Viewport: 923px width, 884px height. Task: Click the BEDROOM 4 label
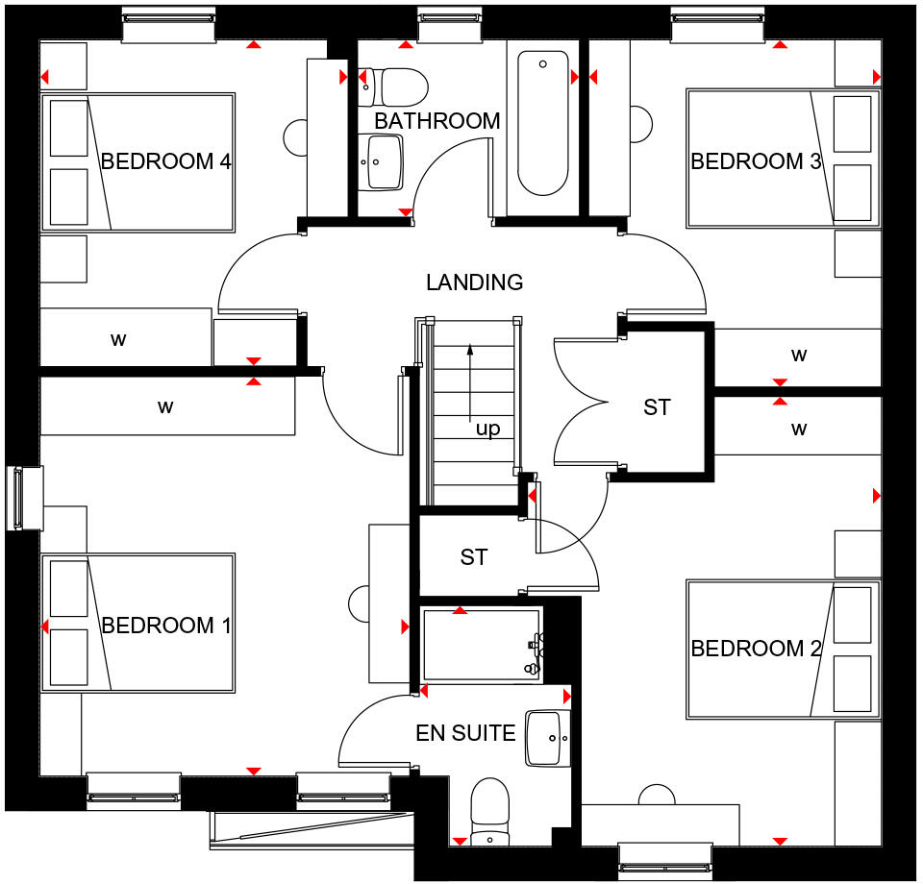165,161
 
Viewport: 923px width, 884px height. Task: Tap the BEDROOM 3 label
756,161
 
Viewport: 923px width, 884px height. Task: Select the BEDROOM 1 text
165,626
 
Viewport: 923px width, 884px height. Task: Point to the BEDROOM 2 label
756,649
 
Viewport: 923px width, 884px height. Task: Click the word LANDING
475,282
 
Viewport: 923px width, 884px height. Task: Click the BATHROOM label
437,121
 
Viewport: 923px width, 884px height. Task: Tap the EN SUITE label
465,734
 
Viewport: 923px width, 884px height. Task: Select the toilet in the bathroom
394,86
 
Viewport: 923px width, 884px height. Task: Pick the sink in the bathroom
386,161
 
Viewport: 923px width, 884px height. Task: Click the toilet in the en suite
489,813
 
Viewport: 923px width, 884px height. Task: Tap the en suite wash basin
548,738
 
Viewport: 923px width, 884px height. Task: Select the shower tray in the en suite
481,645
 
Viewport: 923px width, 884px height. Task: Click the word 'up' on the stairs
488,430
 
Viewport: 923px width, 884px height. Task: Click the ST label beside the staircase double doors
657,408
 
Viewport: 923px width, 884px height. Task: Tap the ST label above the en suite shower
474,557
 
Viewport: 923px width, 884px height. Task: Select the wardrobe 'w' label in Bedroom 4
119,339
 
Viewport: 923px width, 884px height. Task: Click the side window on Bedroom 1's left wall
25,498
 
